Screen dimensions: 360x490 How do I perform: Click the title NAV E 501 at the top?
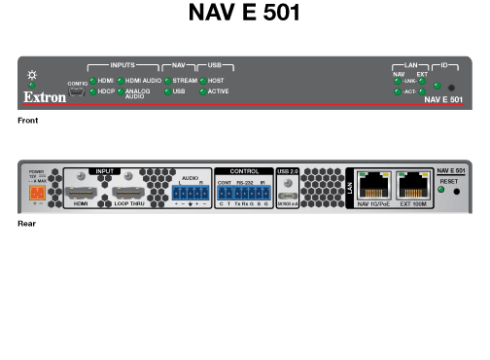pos(244,14)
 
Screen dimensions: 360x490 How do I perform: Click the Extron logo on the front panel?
pos(43,98)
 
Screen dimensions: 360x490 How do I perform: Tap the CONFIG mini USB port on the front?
pos(78,93)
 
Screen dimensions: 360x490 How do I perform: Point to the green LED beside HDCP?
pos(91,91)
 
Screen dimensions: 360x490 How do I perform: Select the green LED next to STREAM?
pos(166,80)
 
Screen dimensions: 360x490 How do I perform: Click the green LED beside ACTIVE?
pos(202,91)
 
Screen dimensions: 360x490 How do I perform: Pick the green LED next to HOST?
pos(202,80)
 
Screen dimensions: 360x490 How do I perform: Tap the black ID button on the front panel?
pos(450,88)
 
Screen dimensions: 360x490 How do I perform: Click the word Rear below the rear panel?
pos(26,224)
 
